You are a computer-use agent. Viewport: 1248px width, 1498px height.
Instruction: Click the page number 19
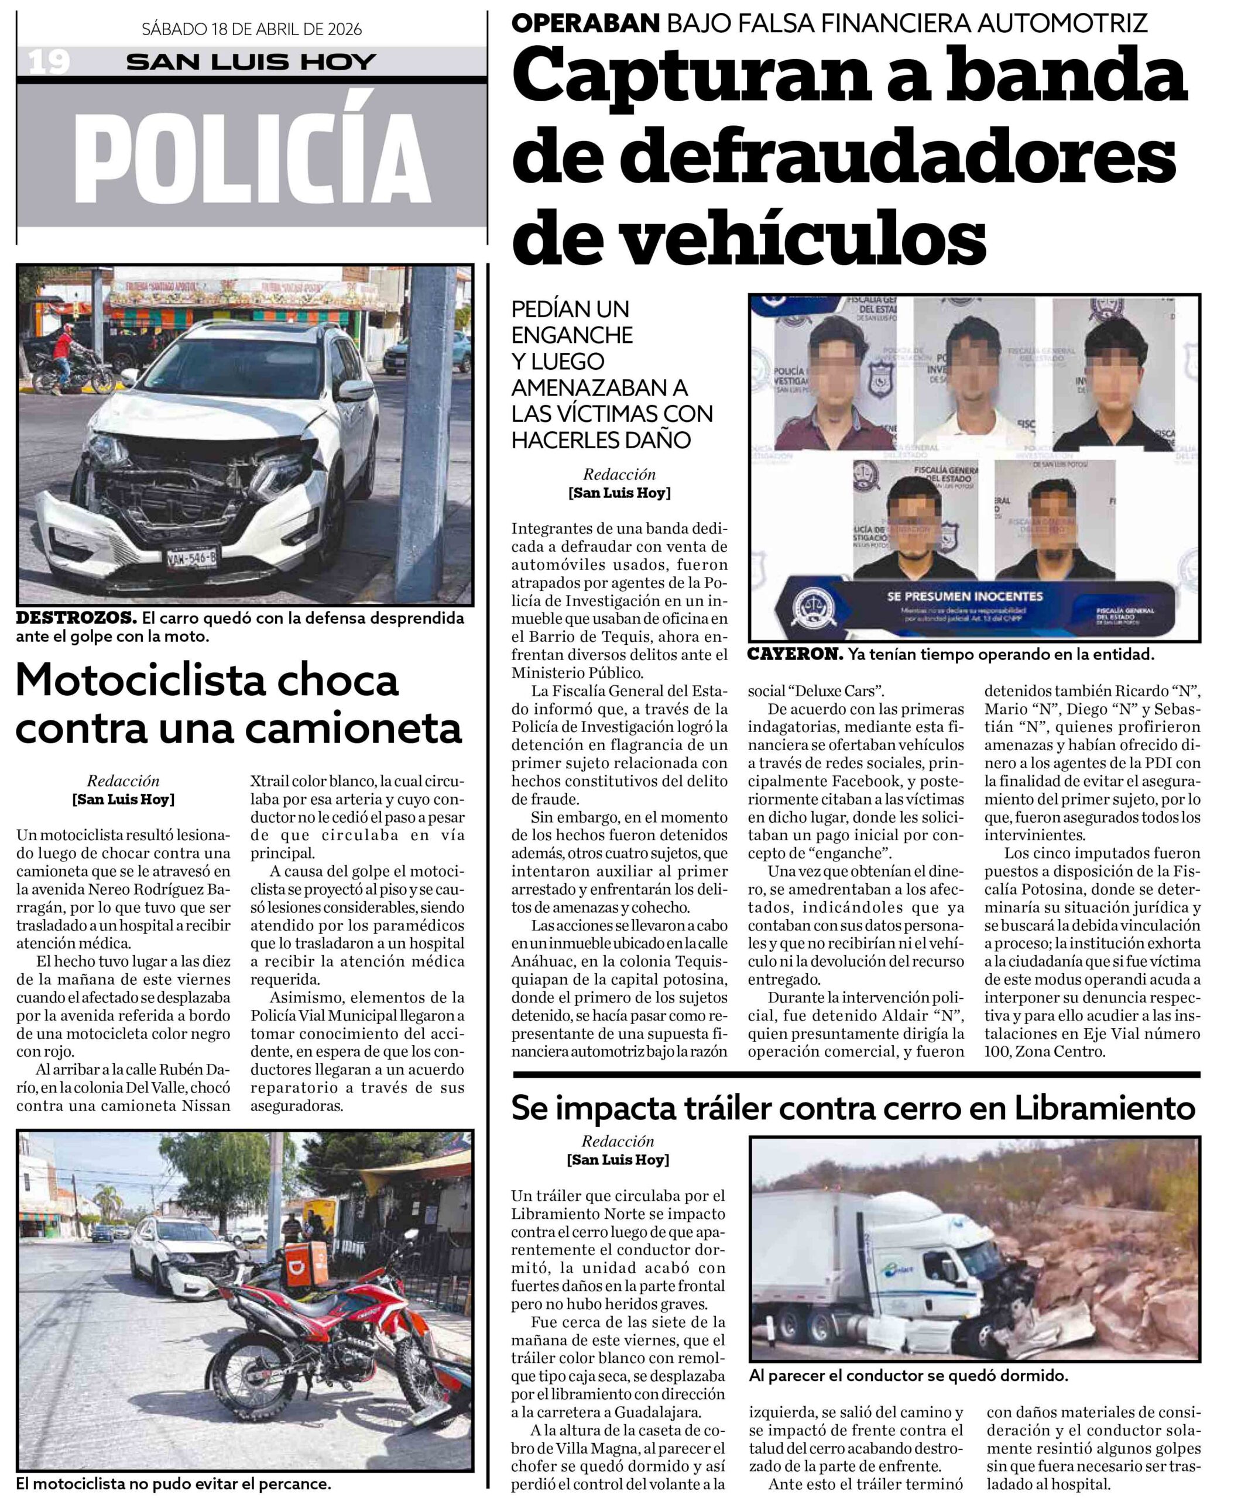pos(49,62)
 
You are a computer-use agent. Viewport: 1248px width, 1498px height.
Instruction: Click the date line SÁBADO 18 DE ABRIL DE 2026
pos(251,29)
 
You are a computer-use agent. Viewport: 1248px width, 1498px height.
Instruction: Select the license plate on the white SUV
pos(191,558)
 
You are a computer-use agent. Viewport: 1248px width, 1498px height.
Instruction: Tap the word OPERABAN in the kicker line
pos(585,23)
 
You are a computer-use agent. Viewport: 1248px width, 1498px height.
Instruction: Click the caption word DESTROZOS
pos(76,618)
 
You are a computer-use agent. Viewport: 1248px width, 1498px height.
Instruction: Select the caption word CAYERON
pos(795,654)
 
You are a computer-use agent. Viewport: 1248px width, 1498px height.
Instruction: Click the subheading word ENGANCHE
pos(572,335)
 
